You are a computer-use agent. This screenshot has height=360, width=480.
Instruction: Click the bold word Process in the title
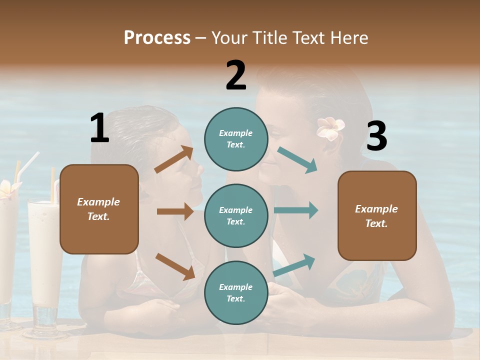157,38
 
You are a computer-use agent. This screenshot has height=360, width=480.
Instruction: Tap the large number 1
99,128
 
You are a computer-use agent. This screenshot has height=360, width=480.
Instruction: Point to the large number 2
236,76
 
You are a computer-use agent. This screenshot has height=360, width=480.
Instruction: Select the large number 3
376,136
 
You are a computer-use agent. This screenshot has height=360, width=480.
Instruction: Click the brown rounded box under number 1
99,209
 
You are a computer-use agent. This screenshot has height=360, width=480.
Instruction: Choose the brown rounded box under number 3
377,215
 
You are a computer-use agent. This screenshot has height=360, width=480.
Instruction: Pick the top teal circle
236,138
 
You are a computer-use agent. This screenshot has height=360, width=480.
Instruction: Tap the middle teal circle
236,215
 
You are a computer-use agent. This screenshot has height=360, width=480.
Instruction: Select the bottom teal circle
236,292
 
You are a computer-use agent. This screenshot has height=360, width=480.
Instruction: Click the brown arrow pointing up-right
174,159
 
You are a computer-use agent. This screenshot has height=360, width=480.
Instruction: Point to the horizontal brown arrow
175,211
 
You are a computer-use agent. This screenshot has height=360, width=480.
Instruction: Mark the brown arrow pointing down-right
175,266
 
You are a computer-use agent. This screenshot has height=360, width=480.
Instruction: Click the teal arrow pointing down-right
297,160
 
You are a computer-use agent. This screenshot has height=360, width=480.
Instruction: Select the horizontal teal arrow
296,210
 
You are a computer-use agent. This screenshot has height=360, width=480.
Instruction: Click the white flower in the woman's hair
330,128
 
